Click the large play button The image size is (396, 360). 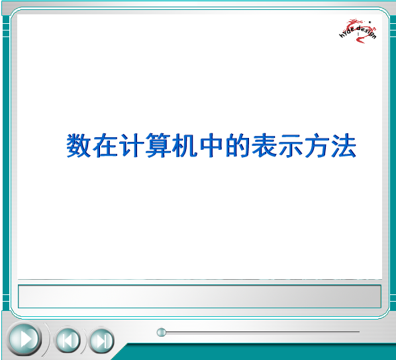[25, 339]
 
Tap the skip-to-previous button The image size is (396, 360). [68, 340]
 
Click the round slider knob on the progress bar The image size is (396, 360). [162, 332]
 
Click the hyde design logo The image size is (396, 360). [358, 30]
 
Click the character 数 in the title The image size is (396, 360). [79, 145]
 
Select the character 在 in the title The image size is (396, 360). [105, 145]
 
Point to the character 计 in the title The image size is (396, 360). [132, 145]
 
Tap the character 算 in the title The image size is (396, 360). [158, 145]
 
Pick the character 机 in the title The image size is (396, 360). [185, 145]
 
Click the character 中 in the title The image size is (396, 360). [211, 145]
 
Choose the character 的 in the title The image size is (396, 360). [237, 145]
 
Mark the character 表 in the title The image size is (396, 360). [264, 145]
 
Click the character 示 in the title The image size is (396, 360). [291, 145]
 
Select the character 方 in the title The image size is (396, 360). [317, 145]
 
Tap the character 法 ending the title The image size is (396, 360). [344, 145]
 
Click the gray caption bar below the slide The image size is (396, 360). [199, 296]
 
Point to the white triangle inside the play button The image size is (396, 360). [26, 339]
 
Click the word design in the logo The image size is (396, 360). [366, 32]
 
